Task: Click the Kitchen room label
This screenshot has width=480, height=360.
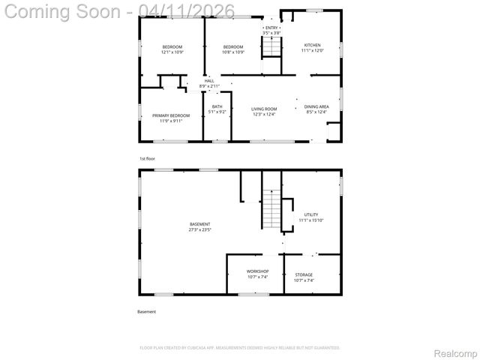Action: click(312, 45)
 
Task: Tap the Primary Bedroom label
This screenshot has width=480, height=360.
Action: click(171, 115)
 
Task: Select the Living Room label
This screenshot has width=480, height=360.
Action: click(263, 109)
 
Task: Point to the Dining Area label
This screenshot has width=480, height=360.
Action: click(317, 106)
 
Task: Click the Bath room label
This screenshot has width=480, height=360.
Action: click(217, 106)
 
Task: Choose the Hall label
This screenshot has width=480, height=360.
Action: click(209, 80)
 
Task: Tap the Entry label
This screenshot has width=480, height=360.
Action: click(271, 28)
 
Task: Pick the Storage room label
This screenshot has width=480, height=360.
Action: click(304, 275)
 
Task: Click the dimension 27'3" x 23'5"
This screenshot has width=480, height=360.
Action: click(199, 230)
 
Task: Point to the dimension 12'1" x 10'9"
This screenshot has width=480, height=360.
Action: click(172, 52)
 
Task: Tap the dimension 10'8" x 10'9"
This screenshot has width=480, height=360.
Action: click(233, 52)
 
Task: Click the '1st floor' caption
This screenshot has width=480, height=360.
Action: click(147, 159)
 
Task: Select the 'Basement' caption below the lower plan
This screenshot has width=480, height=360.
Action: click(147, 311)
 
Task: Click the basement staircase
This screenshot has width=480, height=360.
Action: click(271, 210)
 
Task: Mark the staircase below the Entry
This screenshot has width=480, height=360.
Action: click(271, 47)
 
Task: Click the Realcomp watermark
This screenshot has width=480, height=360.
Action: click(456, 352)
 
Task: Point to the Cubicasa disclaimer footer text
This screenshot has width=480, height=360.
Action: click(240, 347)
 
